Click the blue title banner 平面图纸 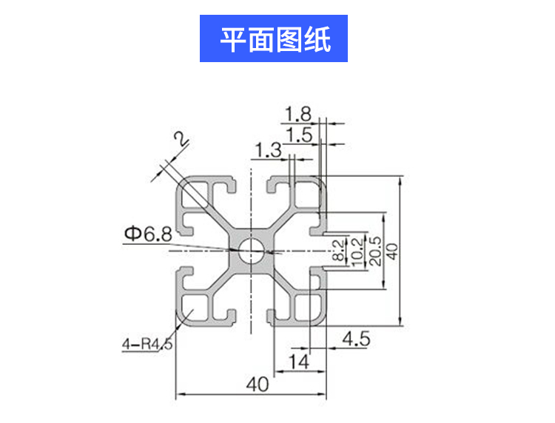point(274,38)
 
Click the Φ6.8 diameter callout point(147,235)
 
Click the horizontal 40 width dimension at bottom point(257,385)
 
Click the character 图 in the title point(289,38)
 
